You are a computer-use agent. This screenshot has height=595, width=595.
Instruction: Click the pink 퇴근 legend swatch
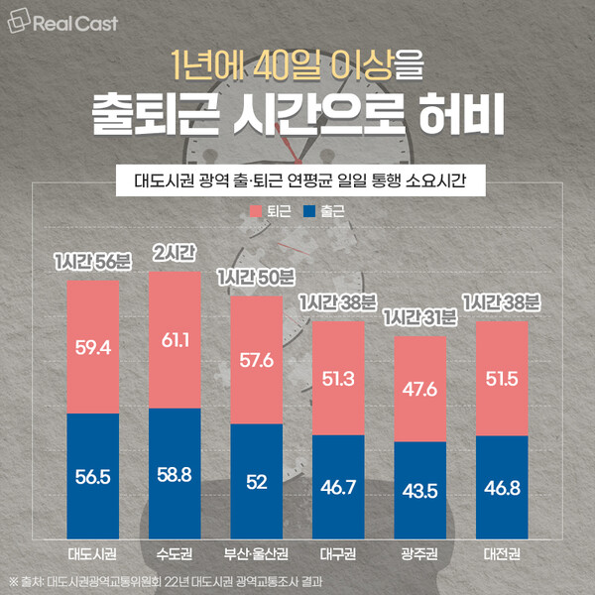255,211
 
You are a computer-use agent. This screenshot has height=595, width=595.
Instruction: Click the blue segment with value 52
256,480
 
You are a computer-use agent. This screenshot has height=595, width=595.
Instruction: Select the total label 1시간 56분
92,263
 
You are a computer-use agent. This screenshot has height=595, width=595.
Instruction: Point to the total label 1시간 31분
420,317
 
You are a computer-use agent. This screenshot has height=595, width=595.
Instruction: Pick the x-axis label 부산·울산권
256,551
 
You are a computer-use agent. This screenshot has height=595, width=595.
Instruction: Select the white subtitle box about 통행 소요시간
297,181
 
